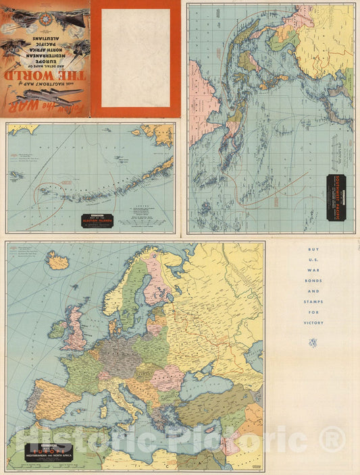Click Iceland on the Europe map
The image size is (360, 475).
tap(58, 260)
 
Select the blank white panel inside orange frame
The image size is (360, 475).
tap(135, 55)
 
